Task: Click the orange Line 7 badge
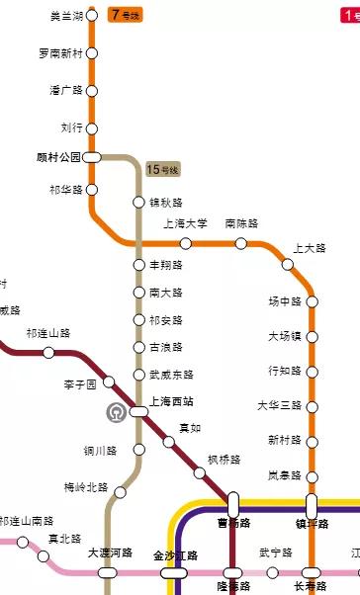(x=127, y=15)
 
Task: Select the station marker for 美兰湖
(x=92, y=16)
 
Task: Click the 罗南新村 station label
(x=59, y=53)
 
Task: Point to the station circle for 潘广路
(x=92, y=91)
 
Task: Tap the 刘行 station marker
(x=92, y=127)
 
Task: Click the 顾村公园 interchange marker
(x=92, y=156)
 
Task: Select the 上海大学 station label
(x=185, y=223)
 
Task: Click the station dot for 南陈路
(x=240, y=243)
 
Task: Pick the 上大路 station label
(x=310, y=249)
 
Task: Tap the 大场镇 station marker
(x=313, y=337)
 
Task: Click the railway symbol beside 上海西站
(x=116, y=411)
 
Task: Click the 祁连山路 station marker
(x=48, y=353)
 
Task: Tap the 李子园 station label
(x=80, y=382)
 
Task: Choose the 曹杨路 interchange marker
(x=233, y=503)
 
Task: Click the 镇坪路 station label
(x=312, y=523)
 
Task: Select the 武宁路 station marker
(x=273, y=572)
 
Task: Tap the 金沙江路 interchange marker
(x=175, y=572)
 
